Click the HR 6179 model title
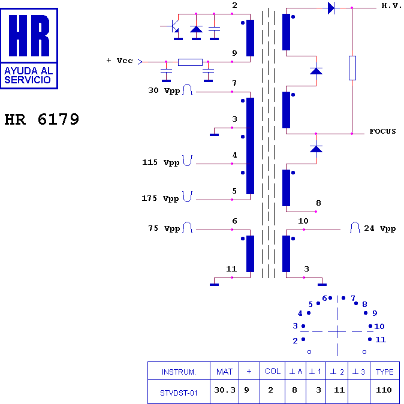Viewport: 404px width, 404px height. click(42, 119)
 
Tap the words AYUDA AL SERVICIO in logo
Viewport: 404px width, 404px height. click(28, 76)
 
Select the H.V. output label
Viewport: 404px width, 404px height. click(391, 5)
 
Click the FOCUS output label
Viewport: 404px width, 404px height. click(382, 131)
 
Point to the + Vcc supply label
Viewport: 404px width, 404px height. click(119, 61)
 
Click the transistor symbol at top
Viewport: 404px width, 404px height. click(171, 26)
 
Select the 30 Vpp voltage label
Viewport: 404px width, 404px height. click(164, 91)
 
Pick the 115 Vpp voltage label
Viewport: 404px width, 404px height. click(161, 162)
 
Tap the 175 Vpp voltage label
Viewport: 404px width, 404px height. click(160, 198)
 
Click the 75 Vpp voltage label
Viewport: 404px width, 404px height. click(164, 228)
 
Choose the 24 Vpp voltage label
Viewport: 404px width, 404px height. click(380, 228)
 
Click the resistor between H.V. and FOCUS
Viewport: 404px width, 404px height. click(352, 68)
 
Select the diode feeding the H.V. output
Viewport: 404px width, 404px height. click(331, 8)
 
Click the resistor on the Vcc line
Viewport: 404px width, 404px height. click(190, 62)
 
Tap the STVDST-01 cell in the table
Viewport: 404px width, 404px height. click(179, 393)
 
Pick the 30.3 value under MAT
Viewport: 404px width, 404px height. click(225, 390)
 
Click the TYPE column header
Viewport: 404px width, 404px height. click(384, 372)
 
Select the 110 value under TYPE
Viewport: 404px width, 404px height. click(384, 390)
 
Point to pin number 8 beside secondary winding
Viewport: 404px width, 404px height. click(318, 203)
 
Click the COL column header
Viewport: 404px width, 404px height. click(273, 371)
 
